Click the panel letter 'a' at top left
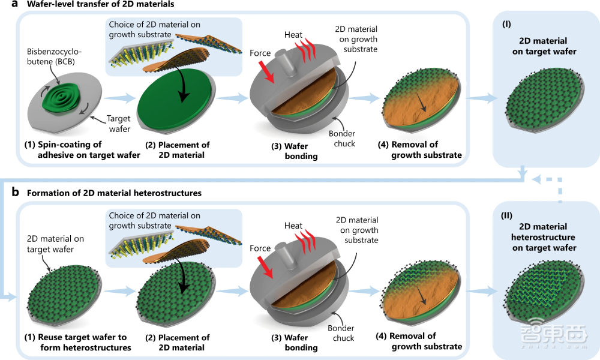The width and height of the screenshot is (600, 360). pos(5,5)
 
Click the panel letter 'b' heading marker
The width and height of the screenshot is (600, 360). pos(5,193)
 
